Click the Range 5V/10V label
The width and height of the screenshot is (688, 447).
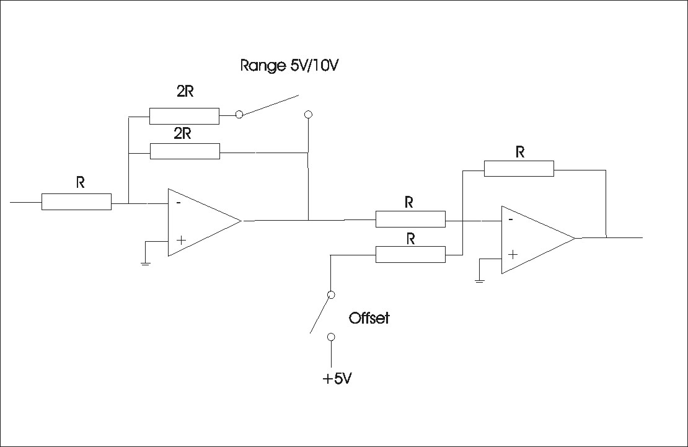pos(289,66)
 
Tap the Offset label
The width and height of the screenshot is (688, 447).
pos(369,318)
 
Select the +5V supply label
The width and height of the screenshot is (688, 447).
pos(337,379)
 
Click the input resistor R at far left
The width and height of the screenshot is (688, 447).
pos(76,201)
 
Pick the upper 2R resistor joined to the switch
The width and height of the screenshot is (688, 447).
pos(184,116)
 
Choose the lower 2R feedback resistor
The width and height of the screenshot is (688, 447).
pos(185,151)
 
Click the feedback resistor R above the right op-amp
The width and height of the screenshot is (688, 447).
pos(519,169)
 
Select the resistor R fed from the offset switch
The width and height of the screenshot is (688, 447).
pos(411,254)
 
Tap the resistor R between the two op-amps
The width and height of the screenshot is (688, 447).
pos(411,219)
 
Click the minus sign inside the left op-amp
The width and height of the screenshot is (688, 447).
pos(178,203)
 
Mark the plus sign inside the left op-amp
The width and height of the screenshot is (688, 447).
pos(181,240)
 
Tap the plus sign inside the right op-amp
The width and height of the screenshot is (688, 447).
pos(513,255)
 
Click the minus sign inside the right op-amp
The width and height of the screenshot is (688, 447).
pos(510,219)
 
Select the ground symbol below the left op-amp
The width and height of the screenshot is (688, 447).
pos(145,263)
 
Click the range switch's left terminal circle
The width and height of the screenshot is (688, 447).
pos(239,115)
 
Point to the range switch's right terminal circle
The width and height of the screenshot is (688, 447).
pos(308,115)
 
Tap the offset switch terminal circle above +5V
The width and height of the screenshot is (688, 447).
pos(331,337)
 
